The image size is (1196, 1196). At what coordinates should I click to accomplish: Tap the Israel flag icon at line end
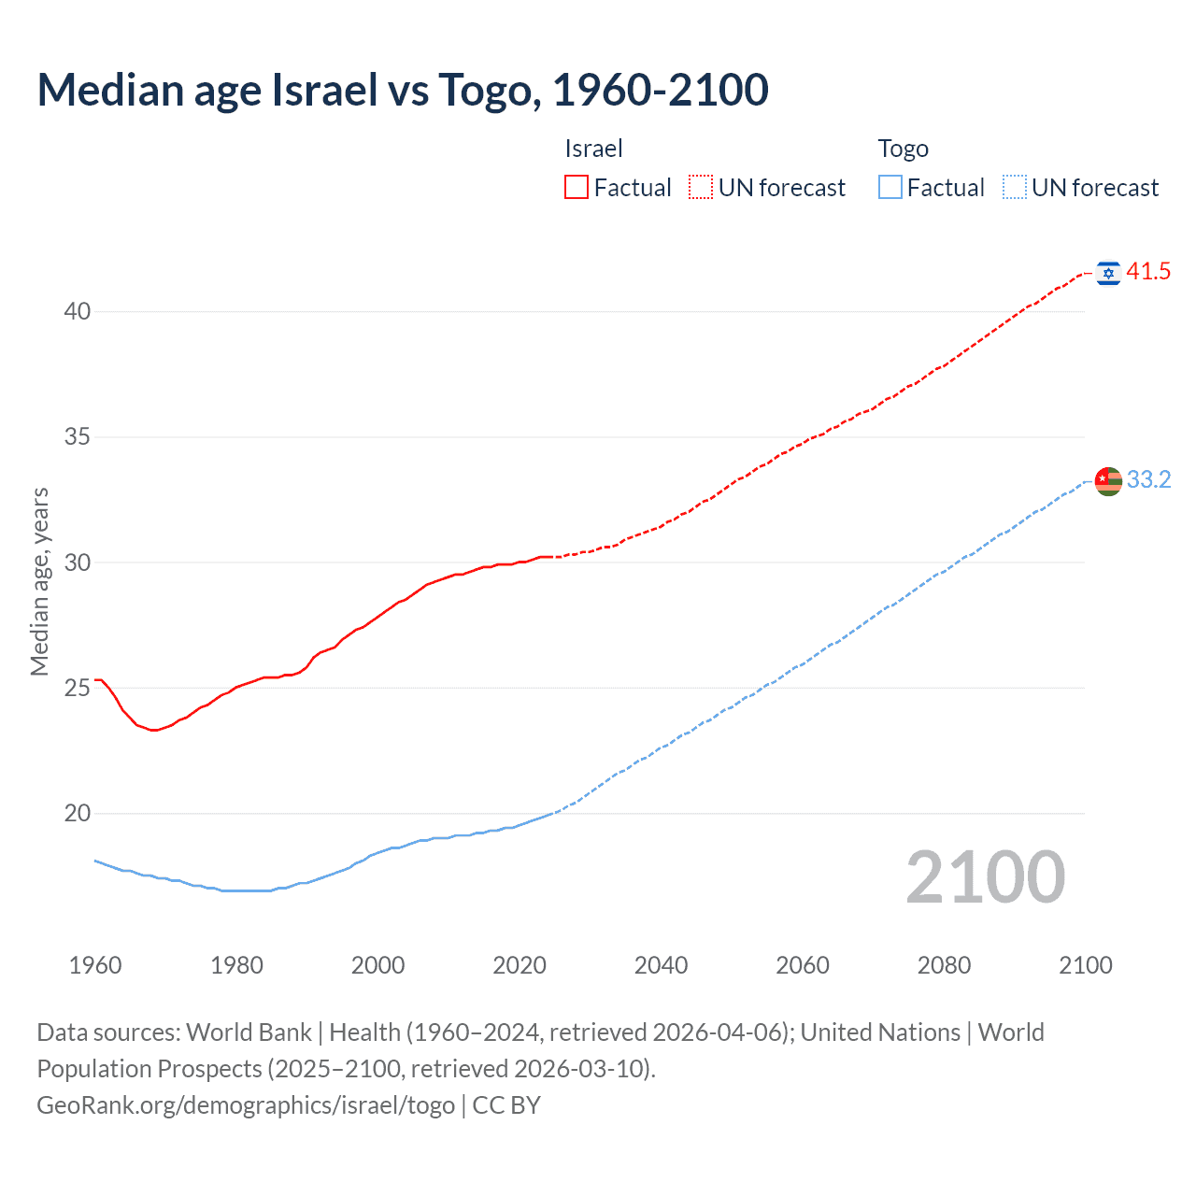point(1108,272)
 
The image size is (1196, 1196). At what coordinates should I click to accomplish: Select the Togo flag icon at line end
point(1108,480)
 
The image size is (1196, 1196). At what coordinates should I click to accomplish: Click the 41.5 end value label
point(1148,272)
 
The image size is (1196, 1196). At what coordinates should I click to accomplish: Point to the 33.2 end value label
point(1148,479)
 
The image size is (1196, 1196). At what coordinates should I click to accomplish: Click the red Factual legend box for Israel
point(577,188)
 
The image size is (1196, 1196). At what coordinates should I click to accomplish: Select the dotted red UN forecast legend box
point(701,188)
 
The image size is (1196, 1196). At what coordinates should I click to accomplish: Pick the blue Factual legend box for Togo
point(890,188)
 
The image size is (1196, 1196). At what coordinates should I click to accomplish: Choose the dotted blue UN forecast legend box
point(1014,188)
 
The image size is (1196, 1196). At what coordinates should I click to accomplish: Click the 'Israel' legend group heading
point(593,149)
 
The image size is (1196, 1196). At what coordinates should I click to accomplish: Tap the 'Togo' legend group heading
point(903,149)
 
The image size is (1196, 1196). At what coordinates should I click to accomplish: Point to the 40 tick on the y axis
point(77,311)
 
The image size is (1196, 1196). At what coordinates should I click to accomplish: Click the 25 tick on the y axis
point(77,688)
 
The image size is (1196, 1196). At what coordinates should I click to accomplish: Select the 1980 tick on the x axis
point(236,965)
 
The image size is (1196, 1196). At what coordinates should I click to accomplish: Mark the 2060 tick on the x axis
point(803,965)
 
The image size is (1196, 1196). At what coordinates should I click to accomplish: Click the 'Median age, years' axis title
point(39,581)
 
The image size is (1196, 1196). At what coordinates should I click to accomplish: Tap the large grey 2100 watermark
point(985,876)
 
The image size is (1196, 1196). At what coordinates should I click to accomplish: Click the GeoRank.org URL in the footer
point(246,1105)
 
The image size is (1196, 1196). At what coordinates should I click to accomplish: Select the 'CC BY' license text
point(506,1105)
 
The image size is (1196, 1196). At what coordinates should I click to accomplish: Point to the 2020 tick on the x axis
point(520,965)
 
